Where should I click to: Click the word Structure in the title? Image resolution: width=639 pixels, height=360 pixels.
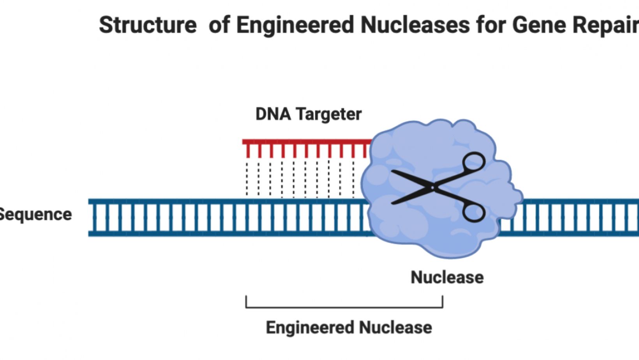148,25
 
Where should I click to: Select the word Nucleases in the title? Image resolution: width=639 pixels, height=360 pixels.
415,25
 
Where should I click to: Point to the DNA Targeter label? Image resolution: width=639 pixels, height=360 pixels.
308,114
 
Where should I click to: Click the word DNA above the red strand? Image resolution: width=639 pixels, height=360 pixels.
273,114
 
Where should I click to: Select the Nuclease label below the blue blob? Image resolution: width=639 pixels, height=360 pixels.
447,277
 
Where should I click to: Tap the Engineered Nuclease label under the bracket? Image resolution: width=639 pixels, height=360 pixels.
349,327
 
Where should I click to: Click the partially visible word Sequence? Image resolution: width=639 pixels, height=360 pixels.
35,215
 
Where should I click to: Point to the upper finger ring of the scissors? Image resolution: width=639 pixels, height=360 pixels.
473,162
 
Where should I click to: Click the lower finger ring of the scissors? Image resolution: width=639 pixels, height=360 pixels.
473,213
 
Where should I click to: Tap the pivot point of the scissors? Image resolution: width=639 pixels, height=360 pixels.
432,188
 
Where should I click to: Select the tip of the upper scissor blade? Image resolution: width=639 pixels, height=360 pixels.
393,171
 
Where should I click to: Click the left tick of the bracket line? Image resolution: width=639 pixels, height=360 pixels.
246,302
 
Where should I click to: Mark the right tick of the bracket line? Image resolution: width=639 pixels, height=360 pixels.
442,302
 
